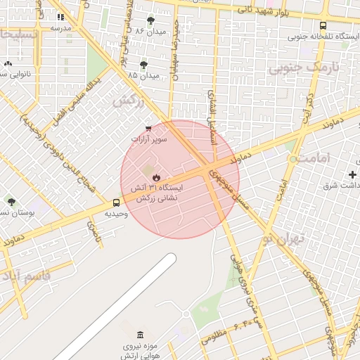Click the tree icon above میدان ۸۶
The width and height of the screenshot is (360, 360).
coord(150,20)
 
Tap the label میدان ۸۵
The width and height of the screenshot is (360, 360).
coord(143,75)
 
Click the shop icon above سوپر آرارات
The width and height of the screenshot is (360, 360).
coord(148,129)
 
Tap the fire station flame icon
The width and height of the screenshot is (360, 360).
coord(156,177)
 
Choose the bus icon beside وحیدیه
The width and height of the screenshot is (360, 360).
coord(117,202)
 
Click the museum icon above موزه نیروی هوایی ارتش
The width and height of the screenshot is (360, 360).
coord(141,334)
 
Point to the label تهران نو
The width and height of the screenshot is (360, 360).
coord(285,238)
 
